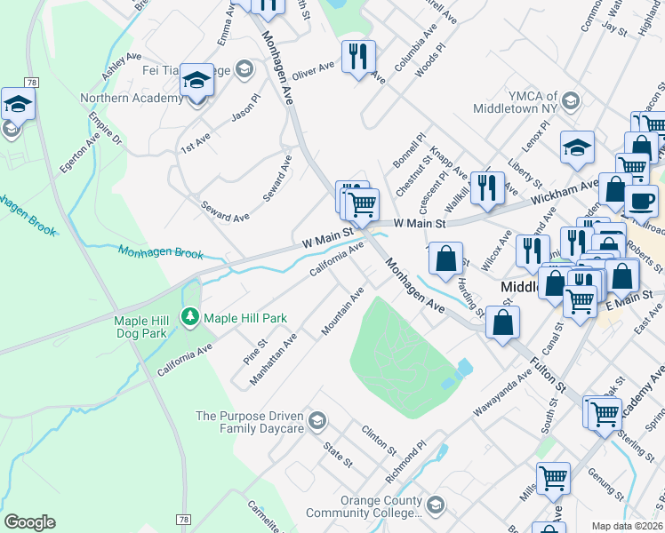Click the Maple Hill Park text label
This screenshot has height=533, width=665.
pos(245,317)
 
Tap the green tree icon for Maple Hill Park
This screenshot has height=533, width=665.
pos(189,316)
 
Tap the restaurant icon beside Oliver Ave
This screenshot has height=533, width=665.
pos(358,57)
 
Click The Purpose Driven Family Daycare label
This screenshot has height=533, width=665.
pos(249,422)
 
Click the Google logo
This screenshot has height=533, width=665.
pos(29,522)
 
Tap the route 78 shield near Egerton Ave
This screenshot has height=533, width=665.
pos(32,82)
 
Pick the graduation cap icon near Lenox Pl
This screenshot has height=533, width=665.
pos(577,147)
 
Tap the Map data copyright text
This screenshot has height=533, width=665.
pos(628,526)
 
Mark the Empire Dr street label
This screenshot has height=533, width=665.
pos(104,128)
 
